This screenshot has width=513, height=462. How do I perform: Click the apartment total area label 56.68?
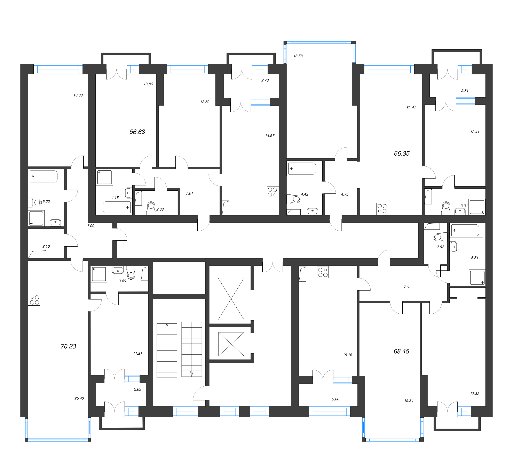pyautogui.click(x=137, y=132)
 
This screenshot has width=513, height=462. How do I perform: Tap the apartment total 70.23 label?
pyautogui.click(x=68, y=346)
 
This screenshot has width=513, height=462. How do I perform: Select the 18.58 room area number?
pyautogui.click(x=298, y=56)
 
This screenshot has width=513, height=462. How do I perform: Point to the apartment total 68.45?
pyautogui.click(x=401, y=351)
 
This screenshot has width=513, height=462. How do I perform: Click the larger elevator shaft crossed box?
pyautogui.click(x=231, y=299)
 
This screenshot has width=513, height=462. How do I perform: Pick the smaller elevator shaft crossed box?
pyautogui.click(x=231, y=344)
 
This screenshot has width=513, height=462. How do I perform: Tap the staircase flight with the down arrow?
pyautogui.click(x=192, y=349)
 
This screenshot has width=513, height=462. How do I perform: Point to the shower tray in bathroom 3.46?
pyautogui.click(x=99, y=274)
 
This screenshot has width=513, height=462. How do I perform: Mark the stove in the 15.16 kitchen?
pyautogui.click(x=323, y=272)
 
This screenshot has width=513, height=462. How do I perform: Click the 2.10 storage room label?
pyautogui.click(x=46, y=246)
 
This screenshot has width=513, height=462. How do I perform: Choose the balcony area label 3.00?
pyautogui.click(x=335, y=399)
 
